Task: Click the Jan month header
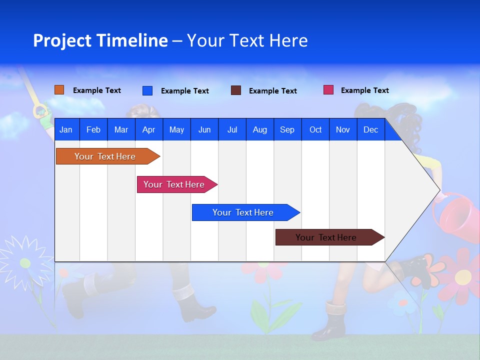point(66,129)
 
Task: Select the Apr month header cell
point(148,129)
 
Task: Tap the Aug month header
point(259,129)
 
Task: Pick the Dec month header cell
point(370,129)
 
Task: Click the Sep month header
point(287,129)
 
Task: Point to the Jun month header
point(204,129)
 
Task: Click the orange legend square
point(59,90)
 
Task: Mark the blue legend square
point(147,90)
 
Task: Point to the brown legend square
point(236,90)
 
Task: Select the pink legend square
point(328,90)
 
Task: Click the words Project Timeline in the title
point(100,40)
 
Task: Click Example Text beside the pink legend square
point(364,90)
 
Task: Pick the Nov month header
point(342,129)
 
